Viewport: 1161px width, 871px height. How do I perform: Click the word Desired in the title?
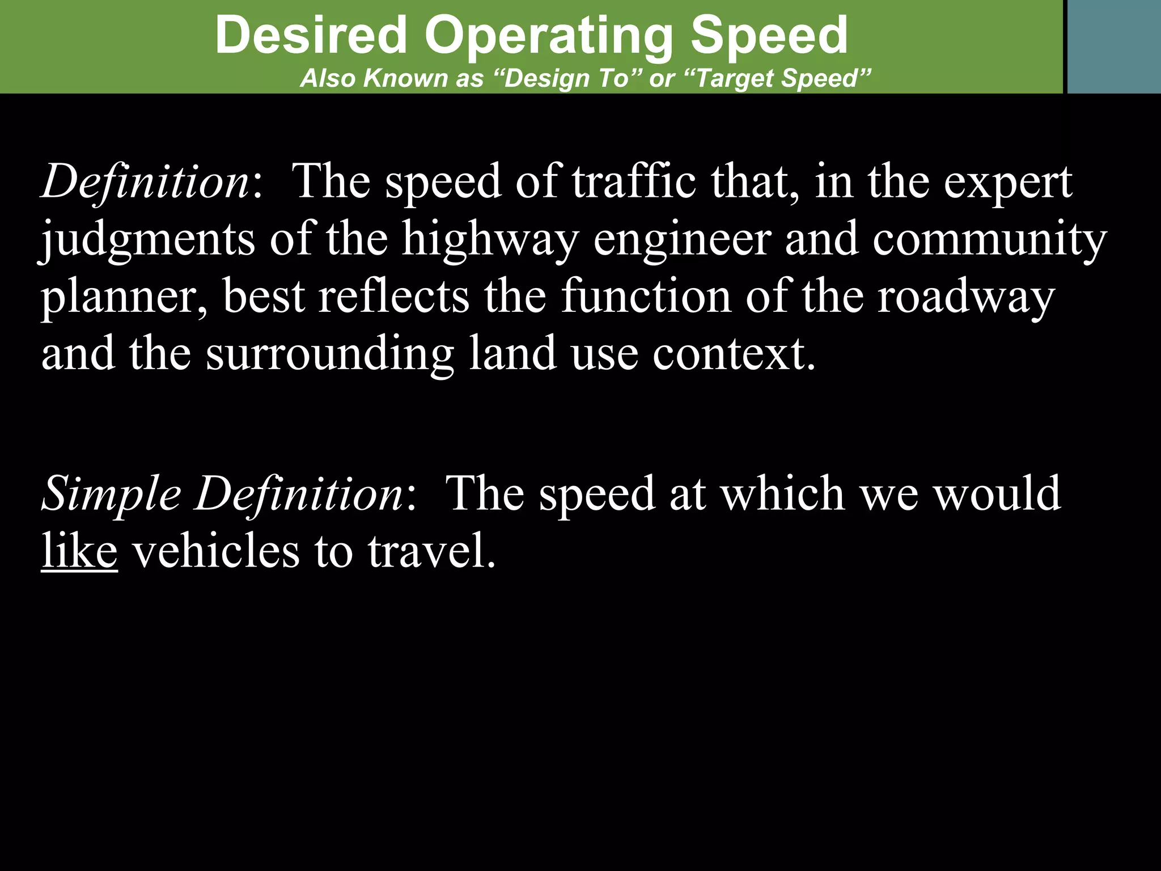tap(311, 35)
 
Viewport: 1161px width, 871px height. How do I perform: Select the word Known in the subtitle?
tap(406, 78)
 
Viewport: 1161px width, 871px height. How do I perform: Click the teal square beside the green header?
tap(1114, 46)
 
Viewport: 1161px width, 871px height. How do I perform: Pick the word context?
tap(734, 353)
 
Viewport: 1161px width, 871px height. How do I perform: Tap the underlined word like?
tap(79, 551)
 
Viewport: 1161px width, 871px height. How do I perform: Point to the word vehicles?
tap(215, 551)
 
